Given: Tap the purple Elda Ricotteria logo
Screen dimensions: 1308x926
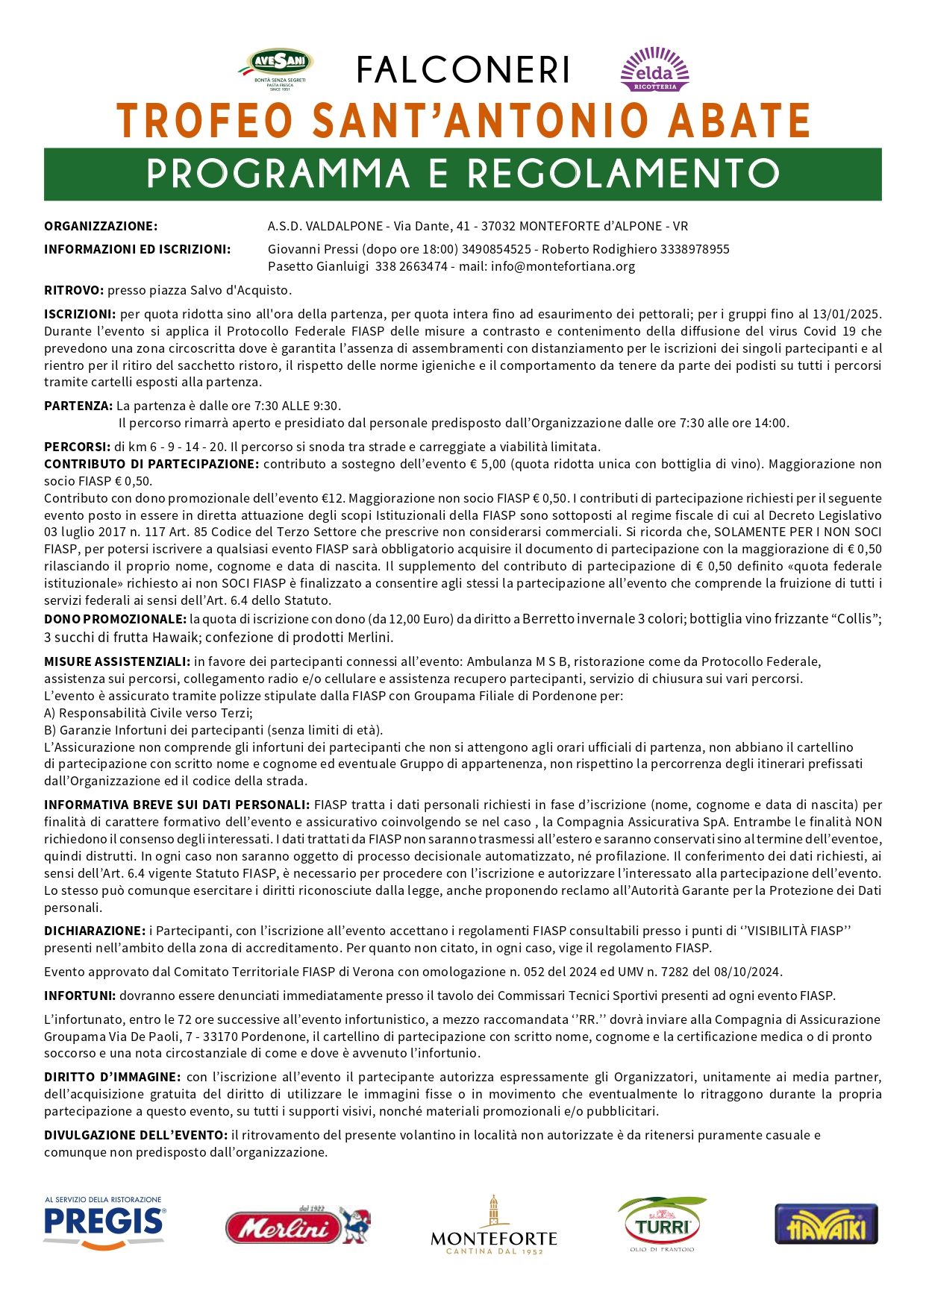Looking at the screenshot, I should pos(654,69).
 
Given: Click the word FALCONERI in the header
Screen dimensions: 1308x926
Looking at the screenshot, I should pos(463,71).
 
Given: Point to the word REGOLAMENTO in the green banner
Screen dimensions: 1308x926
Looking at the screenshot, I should pos(624,174).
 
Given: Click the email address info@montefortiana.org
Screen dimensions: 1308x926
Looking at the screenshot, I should pos(563,266).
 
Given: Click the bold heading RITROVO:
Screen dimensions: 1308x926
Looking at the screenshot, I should pos(74,290).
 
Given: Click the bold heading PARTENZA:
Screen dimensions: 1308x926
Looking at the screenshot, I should pos(78,406).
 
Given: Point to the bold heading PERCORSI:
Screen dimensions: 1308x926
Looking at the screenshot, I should pos(77,447).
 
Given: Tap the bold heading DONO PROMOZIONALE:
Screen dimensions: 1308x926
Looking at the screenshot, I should pos(115,619).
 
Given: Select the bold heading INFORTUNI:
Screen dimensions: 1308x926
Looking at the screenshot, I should pos(80,996).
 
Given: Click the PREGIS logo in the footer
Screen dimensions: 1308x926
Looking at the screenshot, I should pos(104,1223).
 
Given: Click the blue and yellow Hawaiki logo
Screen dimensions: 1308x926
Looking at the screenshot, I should pos(826,1224).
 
